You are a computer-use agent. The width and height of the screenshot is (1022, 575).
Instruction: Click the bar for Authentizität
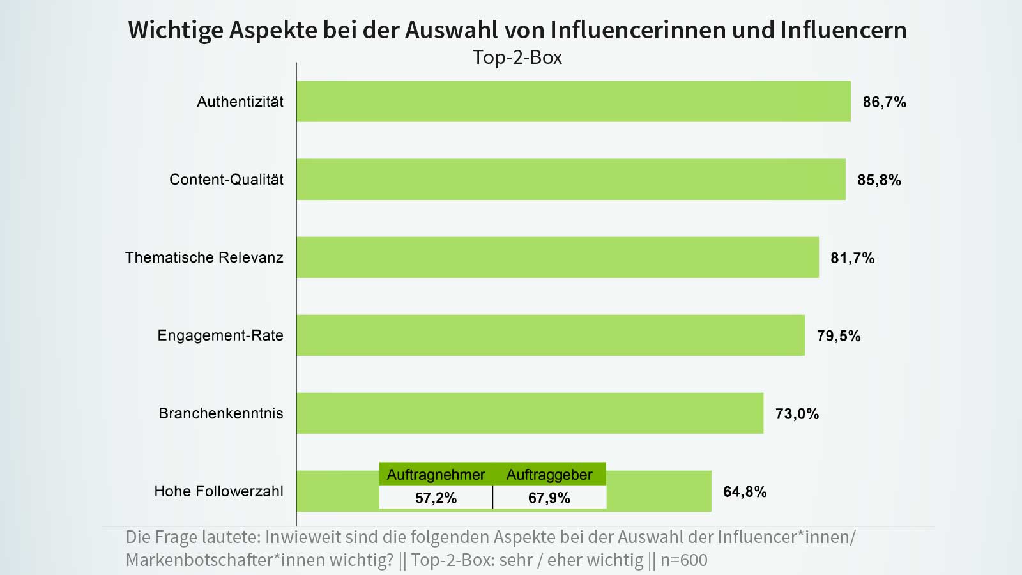click(573, 102)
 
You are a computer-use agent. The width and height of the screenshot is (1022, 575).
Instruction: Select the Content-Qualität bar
click(570, 180)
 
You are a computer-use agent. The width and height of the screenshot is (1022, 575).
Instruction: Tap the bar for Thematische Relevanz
click(557, 257)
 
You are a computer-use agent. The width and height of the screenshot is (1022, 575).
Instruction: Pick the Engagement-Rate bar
click(550, 335)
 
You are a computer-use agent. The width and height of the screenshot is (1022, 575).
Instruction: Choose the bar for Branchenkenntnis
click(530, 413)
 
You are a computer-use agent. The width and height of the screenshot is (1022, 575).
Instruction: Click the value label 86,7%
click(884, 102)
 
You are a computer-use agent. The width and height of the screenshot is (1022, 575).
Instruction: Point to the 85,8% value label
click(879, 180)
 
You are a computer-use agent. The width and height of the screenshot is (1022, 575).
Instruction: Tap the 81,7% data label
click(852, 258)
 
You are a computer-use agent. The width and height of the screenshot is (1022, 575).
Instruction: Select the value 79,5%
click(838, 336)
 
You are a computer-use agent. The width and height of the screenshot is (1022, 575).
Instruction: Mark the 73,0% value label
click(797, 414)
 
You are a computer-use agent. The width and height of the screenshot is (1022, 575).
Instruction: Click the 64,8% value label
click(744, 492)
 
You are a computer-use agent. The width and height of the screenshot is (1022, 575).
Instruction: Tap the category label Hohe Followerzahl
click(218, 491)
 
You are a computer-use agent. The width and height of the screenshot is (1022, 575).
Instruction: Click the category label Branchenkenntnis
click(220, 413)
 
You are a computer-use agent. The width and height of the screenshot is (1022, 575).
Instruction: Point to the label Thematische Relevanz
click(204, 257)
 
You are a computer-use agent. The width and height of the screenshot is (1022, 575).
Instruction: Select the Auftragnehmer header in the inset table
click(436, 475)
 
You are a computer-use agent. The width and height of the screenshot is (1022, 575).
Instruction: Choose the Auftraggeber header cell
click(549, 475)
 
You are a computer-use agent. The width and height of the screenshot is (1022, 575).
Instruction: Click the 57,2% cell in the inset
click(436, 498)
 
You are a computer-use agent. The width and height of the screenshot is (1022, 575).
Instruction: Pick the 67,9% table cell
click(549, 498)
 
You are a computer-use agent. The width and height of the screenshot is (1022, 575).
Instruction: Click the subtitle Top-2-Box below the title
click(517, 57)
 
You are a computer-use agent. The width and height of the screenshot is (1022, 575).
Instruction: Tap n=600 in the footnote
click(683, 560)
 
